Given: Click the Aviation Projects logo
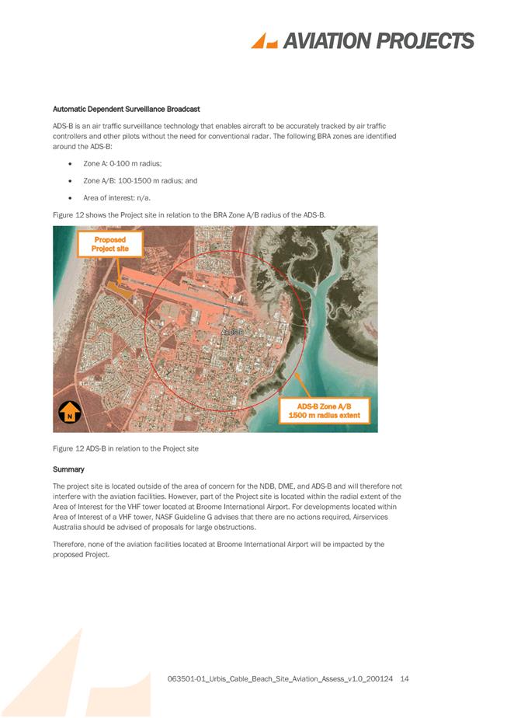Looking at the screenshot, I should pos(362,41).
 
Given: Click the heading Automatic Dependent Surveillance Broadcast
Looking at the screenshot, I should pos(126,108).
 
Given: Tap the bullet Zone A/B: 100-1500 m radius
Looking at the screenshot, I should pos(140,180).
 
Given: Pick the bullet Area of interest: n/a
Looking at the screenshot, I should pos(116,197).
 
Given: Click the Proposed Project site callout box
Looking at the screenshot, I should pos(109,244).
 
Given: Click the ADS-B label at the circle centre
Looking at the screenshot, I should pos(231,332).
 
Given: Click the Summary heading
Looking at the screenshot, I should pos(68,469).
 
